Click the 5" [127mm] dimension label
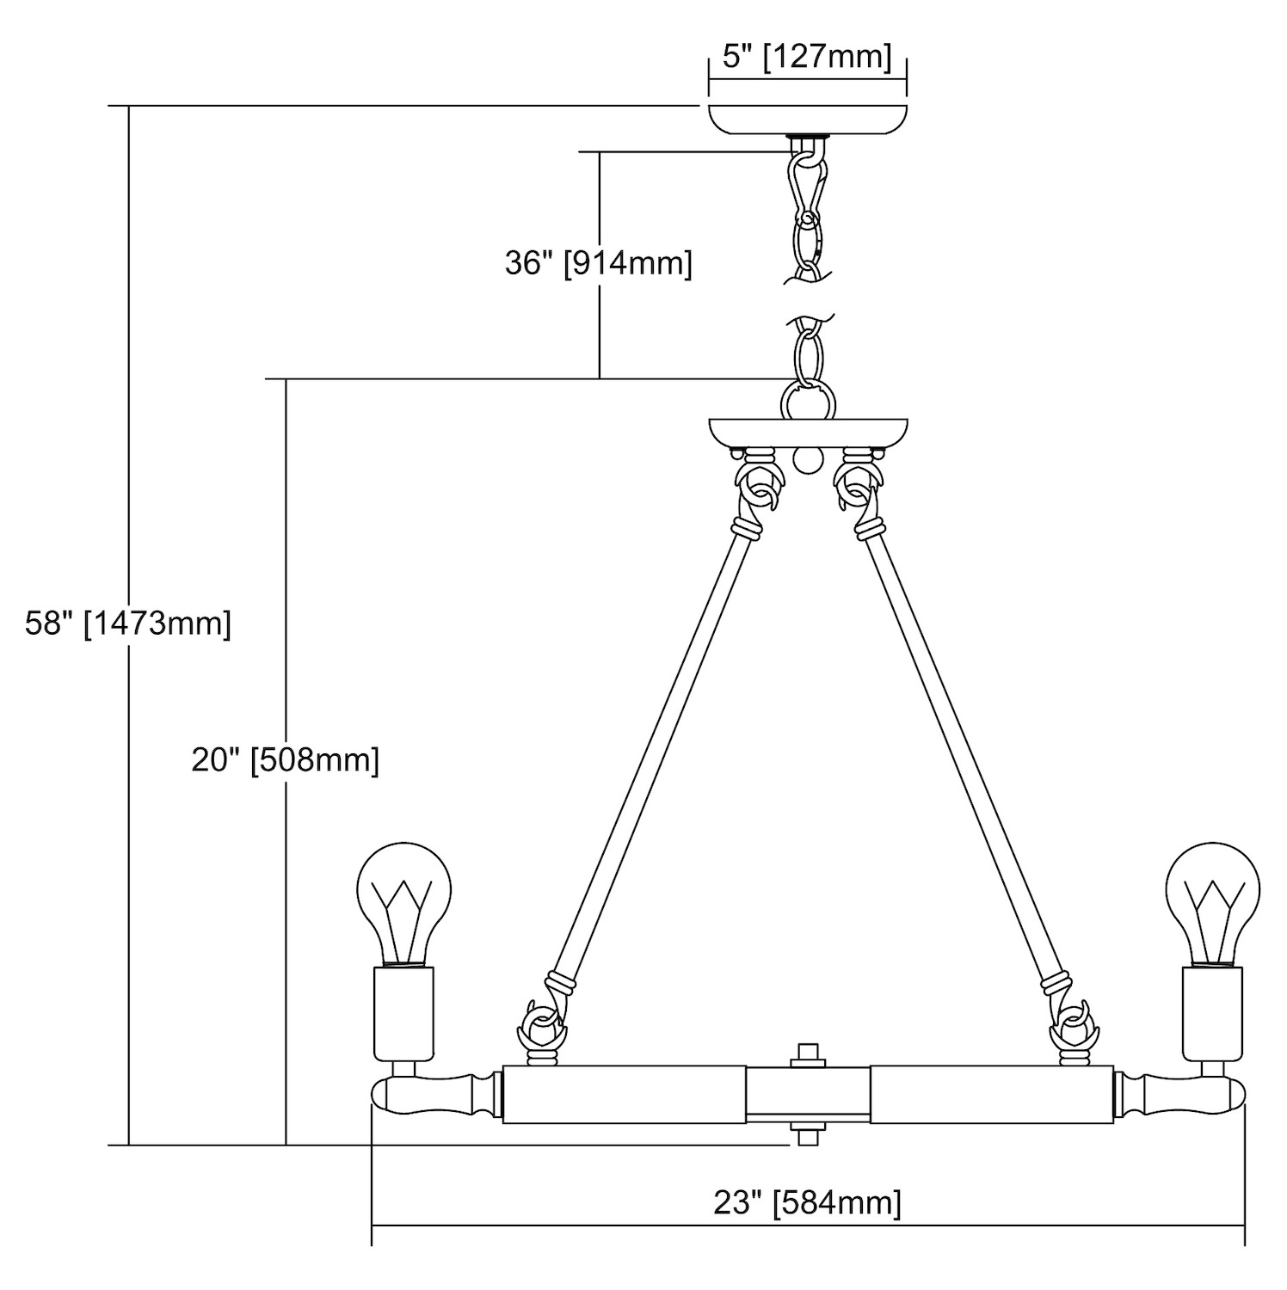[807, 57]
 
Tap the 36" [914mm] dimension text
[598, 263]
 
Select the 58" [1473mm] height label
[128, 623]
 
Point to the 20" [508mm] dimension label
[285, 760]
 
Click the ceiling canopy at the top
[807, 119]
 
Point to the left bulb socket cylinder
[403, 1013]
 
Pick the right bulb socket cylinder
[1213, 1013]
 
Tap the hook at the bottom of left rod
[542, 1023]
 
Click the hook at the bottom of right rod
[1073, 1023]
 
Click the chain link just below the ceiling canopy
[807, 185]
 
